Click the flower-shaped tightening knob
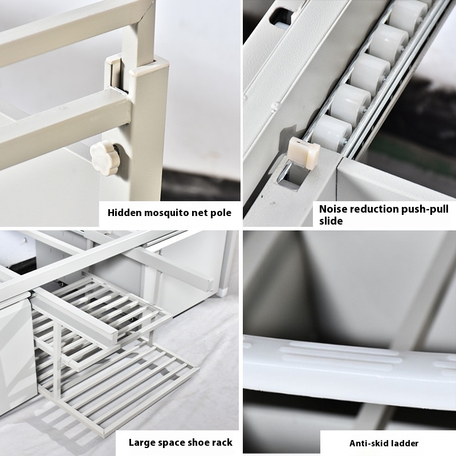pos(104,158)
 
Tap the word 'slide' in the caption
pos(331,221)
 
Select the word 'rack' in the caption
pos(222,443)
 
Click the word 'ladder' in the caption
pos(405,443)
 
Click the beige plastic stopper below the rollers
pos(304,152)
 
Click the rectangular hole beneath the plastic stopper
pos(292,175)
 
